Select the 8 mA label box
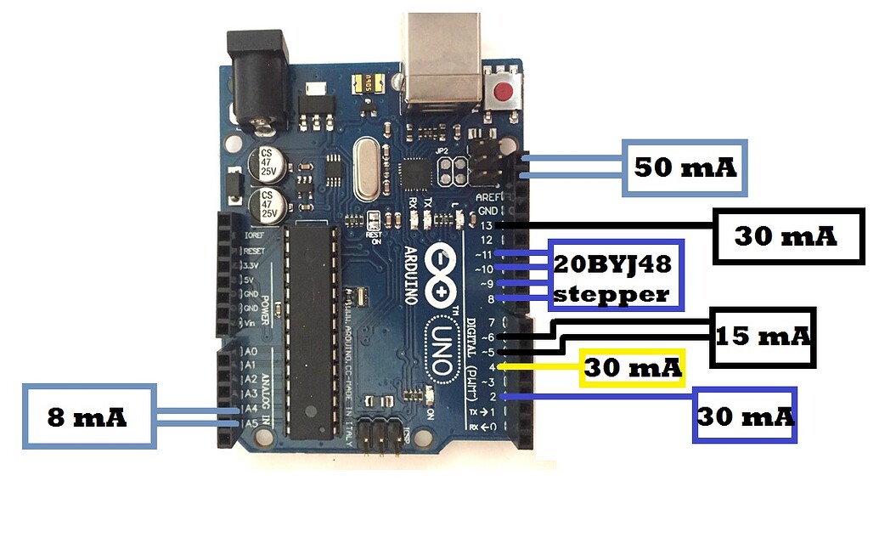point(89,416)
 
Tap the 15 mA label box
point(762,337)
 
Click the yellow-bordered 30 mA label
point(633,368)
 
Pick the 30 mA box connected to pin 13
point(785,235)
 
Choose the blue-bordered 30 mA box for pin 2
point(746,415)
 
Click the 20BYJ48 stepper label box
point(615,275)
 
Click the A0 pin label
point(250,351)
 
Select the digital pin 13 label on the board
point(486,225)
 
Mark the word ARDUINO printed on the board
point(409,280)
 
